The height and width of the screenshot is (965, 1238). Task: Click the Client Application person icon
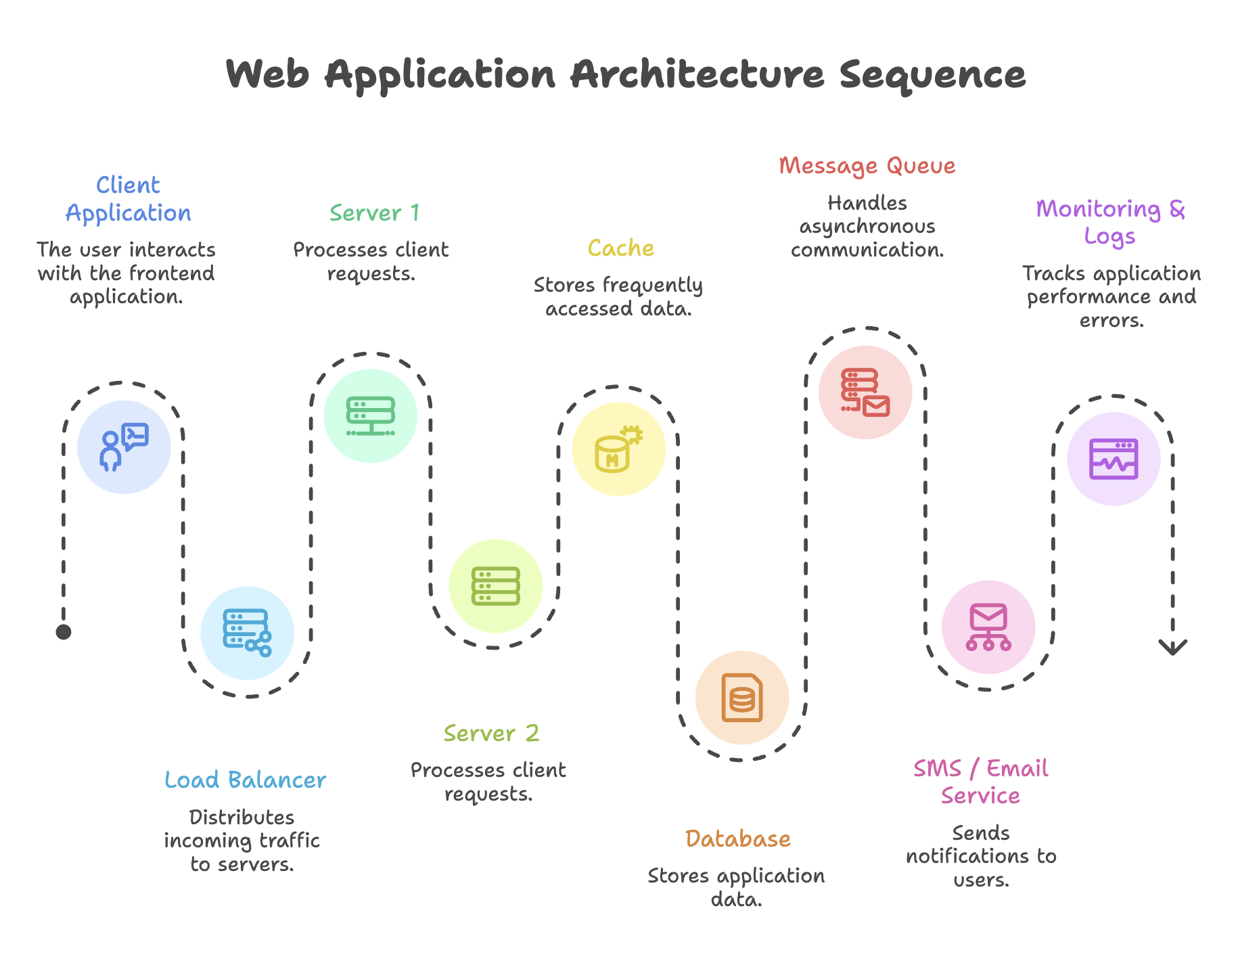[x=124, y=447]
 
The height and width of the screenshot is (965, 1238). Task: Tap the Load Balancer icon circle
[x=248, y=633]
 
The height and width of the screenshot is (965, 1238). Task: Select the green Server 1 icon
[x=371, y=416]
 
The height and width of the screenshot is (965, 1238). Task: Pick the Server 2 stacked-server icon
[x=496, y=586]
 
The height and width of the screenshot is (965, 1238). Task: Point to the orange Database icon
[x=742, y=698]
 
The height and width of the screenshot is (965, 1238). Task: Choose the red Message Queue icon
[x=865, y=392]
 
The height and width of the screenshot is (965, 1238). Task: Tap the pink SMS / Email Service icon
[x=988, y=627]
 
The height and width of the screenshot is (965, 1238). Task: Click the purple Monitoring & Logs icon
[x=1114, y=459]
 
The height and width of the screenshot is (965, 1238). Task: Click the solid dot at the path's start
[x=64, y=632]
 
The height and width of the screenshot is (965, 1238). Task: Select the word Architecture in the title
[x=697, y=74]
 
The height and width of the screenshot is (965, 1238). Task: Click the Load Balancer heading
[x=245, y=780]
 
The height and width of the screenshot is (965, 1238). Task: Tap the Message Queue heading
[x=867, y=166]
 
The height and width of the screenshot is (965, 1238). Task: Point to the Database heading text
[x=738, y=839]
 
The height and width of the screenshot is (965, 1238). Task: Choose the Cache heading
[x=621, y=248]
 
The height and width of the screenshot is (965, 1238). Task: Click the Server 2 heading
[x=492, y=734]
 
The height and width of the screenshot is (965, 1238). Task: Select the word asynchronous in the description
[x=867, y=227]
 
